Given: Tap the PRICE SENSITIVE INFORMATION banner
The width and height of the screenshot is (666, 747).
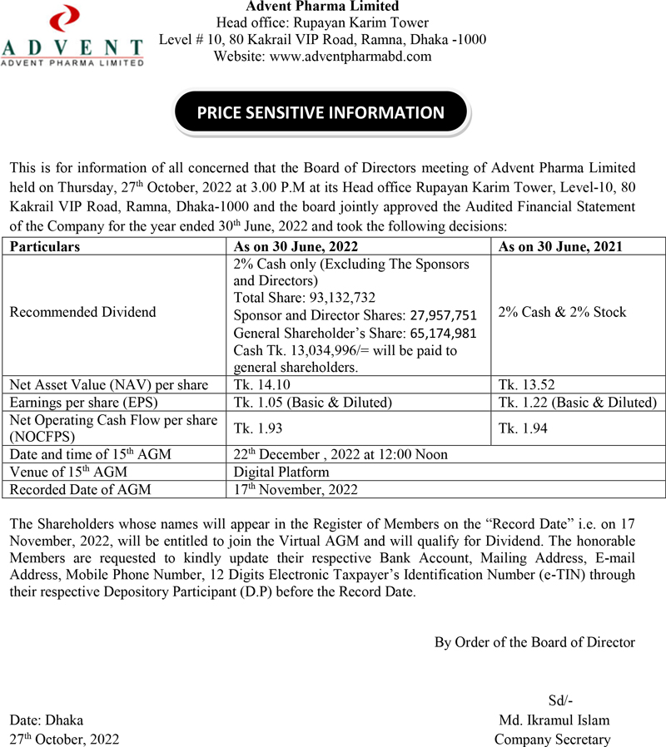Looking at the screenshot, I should click(321, 113).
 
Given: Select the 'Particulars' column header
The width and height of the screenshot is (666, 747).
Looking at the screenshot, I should click(45, 246).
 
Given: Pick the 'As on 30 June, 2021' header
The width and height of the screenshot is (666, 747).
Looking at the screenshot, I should click(562, 246).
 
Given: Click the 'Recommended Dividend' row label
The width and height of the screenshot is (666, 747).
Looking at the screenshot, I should click(82, 312).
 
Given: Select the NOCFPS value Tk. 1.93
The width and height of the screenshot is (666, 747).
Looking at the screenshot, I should click(256, 428).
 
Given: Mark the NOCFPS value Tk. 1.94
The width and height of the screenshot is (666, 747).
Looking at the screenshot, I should click(523, 428).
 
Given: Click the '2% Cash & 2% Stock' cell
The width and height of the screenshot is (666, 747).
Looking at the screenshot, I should click(562, 312).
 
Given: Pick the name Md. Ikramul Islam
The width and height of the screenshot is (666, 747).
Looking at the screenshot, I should click(554, 720).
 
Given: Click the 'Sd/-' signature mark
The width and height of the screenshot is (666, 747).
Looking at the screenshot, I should click(560, 700).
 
